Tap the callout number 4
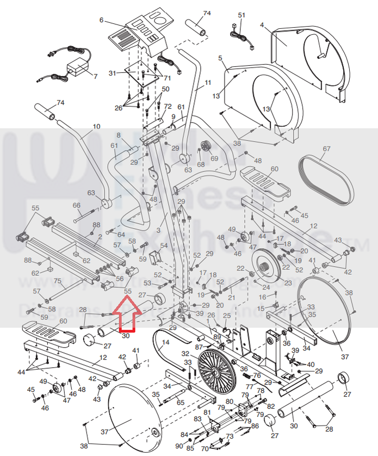pyautogui.click(x=262, y=25)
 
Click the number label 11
pyautogui.click(x=207, y=83)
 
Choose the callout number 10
pyautogui.click(x=96, y=126)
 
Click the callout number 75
pyautogui.click(x=58, y=281)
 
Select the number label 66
pyautogui.click(x=77, y=206)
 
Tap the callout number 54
pyautogui.click(x=164, y=245)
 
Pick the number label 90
pyautogui.click(x=179, y=446)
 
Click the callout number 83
pyautogui.click(x=197, y=418)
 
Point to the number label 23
pyautogui.click(x=288, y=283)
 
